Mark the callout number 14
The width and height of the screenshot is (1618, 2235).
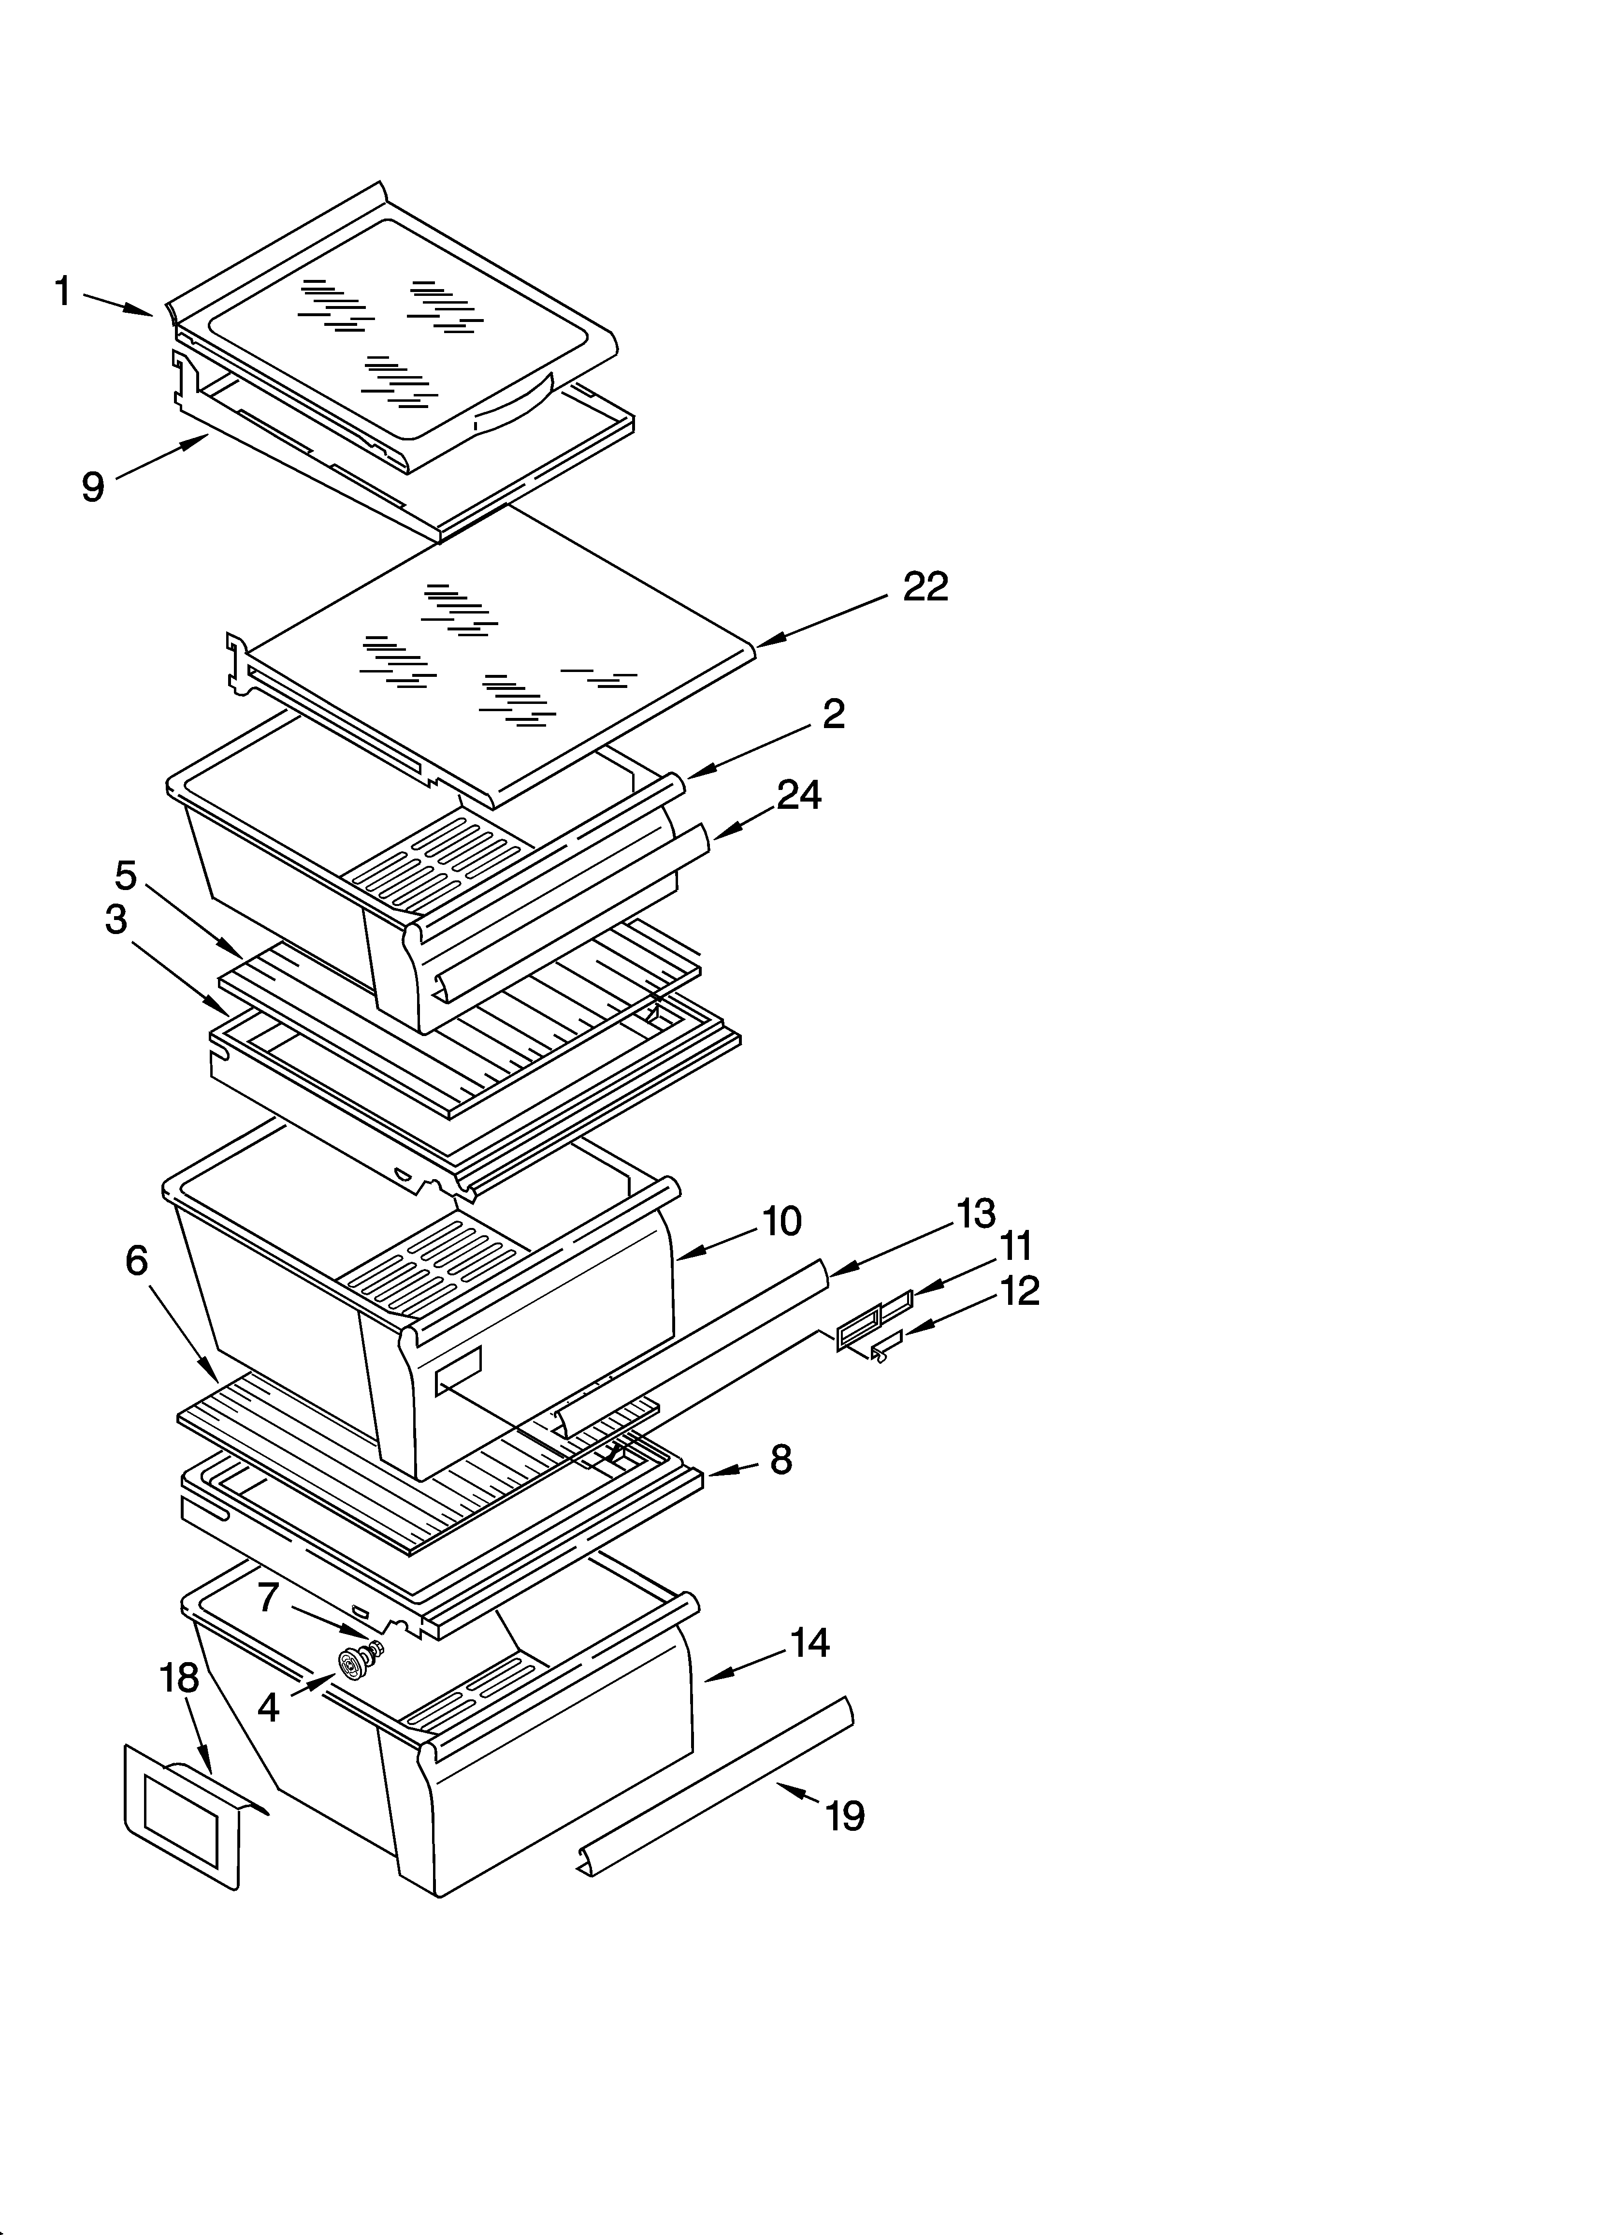click(810, 1643)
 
